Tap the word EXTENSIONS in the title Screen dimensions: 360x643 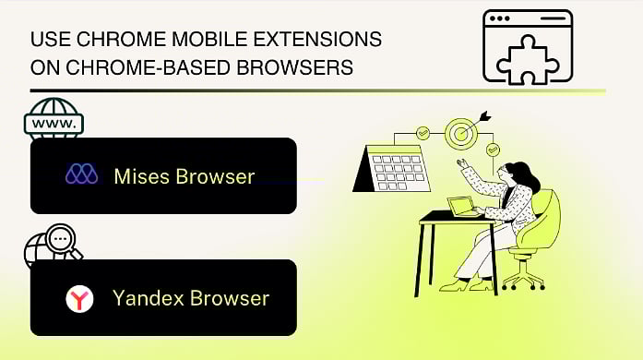point(316,42)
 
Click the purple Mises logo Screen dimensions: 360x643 point(82,175)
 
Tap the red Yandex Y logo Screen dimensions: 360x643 point(80,298)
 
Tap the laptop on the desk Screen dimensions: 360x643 point(461,206)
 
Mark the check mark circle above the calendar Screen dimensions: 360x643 point(423,132)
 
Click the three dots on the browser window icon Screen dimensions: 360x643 point(502,18)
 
